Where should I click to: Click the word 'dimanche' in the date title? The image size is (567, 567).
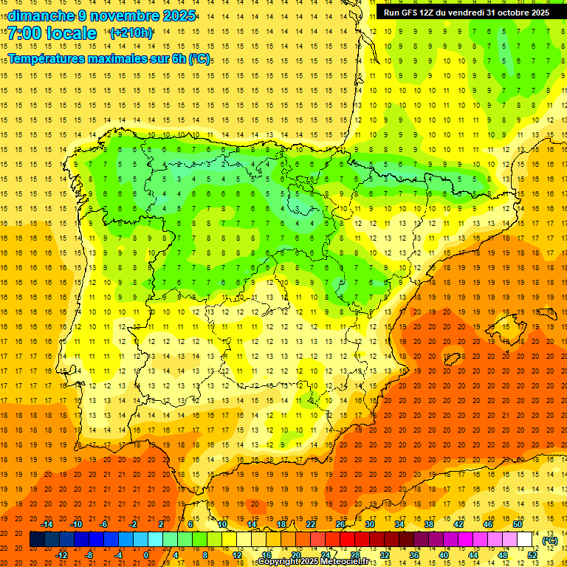(x=41, y=16)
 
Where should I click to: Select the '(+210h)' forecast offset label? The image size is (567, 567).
(x=131, y=33)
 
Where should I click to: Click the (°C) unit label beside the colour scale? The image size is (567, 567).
(x=550, y=540)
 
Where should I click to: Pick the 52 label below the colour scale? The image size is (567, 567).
(x=532, y=555)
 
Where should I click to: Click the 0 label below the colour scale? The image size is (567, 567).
(x=146, y=555)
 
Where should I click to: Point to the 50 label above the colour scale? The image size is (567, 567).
(x=518, y=524)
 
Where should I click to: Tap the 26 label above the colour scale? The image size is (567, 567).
(x=340, y=524)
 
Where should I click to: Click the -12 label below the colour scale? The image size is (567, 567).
(x=62, y=555)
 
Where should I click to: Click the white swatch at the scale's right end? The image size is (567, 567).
(x=525, y=540)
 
